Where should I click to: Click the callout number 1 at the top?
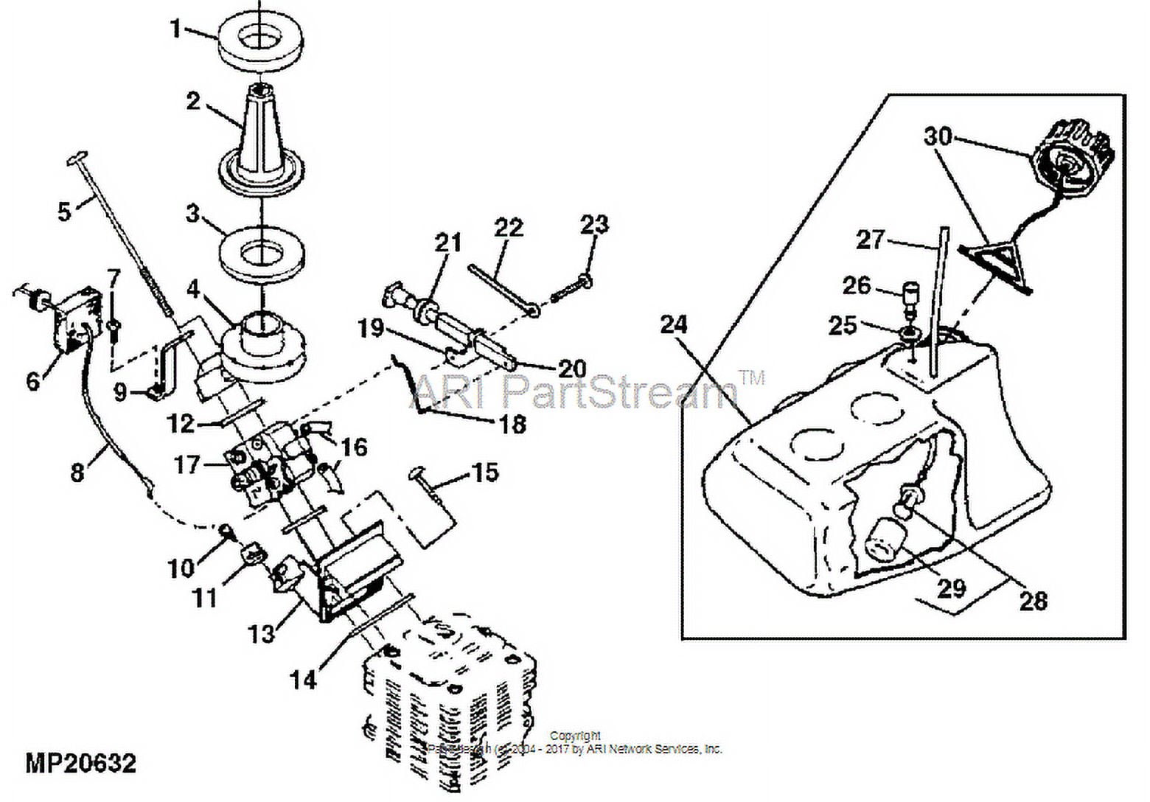(175, 29)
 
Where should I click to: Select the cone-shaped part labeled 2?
(262, 140)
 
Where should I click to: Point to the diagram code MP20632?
(81, 763)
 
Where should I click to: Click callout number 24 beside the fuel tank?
(674, 324)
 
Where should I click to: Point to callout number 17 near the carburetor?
(188, 464)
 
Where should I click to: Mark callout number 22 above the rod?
(509, 227)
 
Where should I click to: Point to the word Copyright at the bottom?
(576, 735)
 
